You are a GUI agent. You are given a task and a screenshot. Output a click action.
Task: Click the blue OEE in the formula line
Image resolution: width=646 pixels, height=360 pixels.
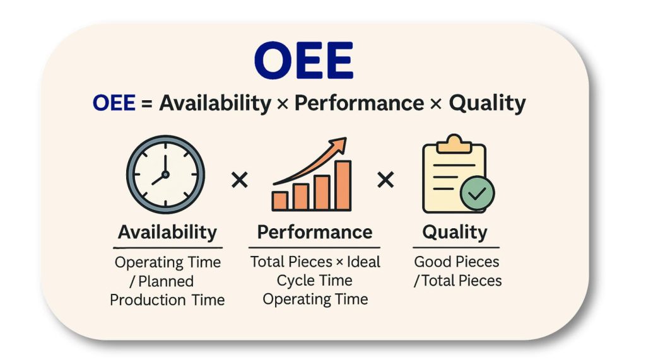(114, 103)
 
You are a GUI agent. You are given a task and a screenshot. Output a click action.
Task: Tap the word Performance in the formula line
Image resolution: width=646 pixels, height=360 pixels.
(359, 103)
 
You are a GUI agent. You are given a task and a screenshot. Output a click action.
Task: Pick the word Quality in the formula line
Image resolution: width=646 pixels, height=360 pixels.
(487, 103)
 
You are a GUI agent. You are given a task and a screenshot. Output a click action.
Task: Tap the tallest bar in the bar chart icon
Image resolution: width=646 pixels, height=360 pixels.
(343, 185)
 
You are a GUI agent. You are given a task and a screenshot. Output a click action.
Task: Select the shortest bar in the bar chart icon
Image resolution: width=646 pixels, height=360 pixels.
(279, 200)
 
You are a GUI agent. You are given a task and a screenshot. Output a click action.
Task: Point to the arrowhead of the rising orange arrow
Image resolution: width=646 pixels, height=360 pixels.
(339, 146)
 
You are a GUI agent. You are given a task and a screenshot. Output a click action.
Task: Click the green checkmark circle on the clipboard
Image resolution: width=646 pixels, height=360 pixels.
(478, 194)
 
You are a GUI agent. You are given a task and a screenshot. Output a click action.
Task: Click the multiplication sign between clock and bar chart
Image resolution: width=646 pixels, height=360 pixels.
(239, 181)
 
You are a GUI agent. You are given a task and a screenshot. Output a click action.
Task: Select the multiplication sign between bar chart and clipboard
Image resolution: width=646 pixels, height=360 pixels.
(385, 181)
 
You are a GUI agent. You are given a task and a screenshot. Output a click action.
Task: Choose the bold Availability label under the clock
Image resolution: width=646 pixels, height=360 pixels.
(167, 232)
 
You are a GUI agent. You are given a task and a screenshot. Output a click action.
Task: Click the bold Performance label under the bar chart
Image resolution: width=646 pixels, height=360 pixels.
(314, 232)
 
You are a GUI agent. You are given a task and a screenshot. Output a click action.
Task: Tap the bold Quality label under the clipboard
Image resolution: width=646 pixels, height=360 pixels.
(455, 232)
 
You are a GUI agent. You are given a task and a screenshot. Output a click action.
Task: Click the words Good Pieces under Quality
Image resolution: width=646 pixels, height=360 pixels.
(456, 262)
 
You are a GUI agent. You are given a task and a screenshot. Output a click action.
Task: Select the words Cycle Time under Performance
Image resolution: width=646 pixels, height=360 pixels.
(315, 281)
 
